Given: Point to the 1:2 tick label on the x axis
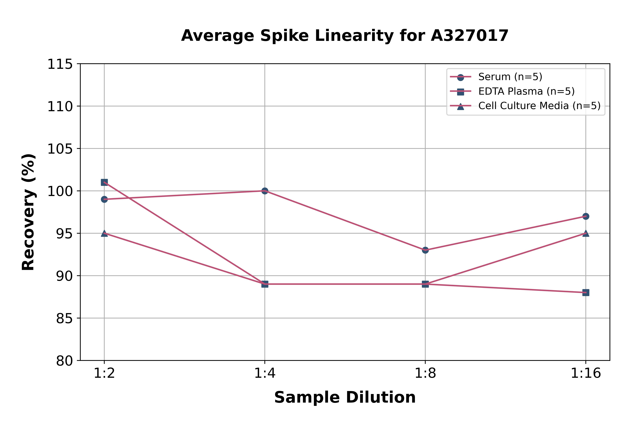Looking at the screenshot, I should pos(104,373).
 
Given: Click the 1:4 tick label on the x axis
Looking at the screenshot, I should pos(265,373).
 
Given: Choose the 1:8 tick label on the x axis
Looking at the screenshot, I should pos(425,373).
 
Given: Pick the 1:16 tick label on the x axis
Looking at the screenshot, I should pos(586,373).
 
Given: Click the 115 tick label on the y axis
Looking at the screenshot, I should pos(60,64).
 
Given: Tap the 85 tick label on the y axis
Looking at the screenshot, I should pos(64,318).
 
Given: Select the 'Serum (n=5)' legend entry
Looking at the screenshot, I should pos(510,77).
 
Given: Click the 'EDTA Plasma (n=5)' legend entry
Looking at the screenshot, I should pos(526,91).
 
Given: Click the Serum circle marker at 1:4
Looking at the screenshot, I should pos(265,191).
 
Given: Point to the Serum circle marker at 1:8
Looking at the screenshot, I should pos(425,250).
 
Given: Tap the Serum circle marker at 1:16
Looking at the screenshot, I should pos(586,216).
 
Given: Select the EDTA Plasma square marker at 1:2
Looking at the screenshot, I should pos(104,182).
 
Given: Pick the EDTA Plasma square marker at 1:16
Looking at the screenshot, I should pos(586,293).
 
